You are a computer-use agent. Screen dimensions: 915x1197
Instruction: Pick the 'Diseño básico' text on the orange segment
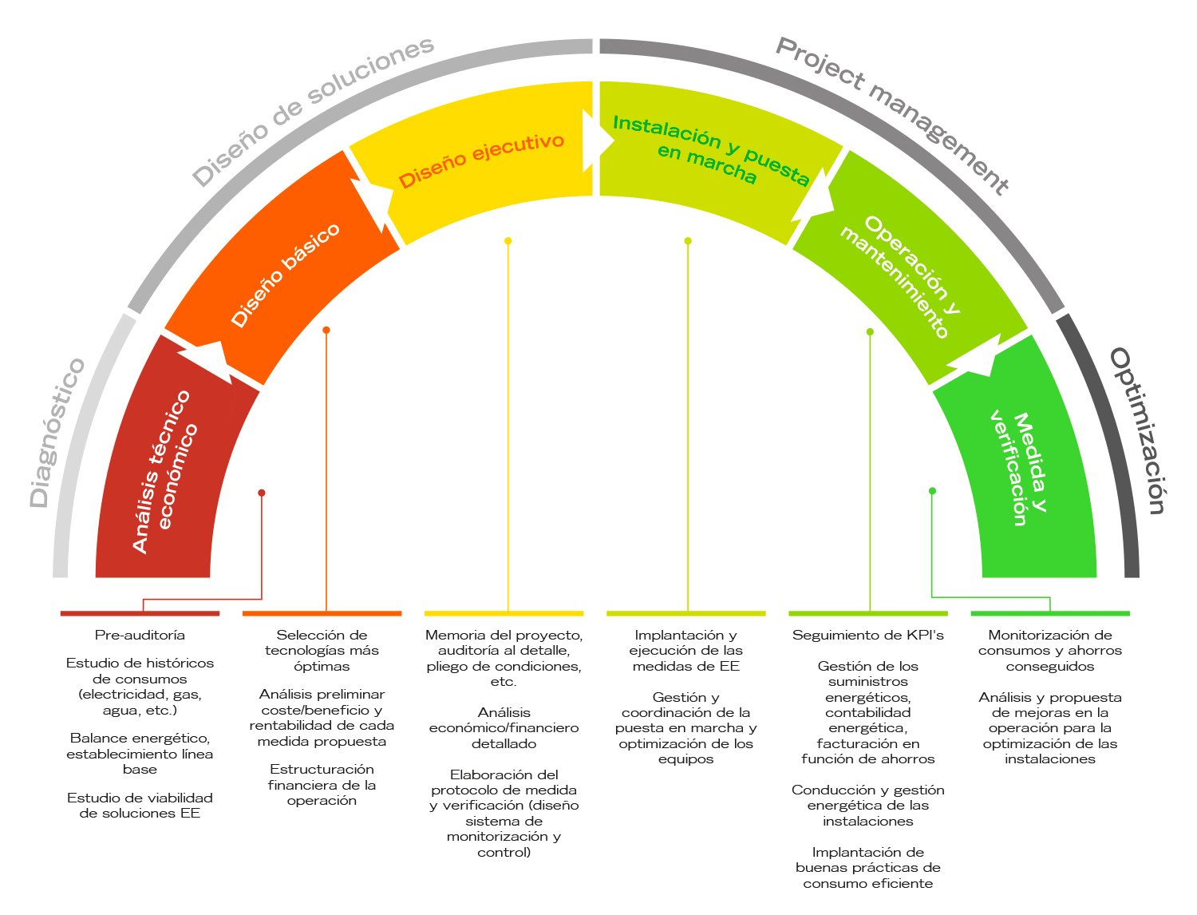(x=285, y=274)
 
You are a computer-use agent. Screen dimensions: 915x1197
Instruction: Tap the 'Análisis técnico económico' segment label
(x=164, y=471)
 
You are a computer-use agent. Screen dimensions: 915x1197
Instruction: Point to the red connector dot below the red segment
(x=262, y=493)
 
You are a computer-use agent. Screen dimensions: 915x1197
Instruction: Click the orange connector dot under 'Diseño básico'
(x=326, y=330)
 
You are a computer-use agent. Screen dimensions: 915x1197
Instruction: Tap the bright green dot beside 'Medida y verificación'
(x=932, y=491)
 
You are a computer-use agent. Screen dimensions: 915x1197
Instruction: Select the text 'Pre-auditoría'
(x=140, y=636)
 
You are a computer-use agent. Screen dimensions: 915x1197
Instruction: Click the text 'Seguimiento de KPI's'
(x=868, y=636)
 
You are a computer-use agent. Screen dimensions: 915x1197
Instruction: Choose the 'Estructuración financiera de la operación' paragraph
(x=322, y=785)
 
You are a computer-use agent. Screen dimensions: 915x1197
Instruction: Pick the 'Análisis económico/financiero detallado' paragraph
(x=504, y=727)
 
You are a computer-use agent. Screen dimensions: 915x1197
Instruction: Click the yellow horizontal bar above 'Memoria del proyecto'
(x=504, y=613)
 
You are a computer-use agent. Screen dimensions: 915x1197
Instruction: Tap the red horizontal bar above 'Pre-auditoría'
(x=140, y=613)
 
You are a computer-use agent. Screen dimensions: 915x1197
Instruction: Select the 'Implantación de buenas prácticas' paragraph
(x=868, y=867)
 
